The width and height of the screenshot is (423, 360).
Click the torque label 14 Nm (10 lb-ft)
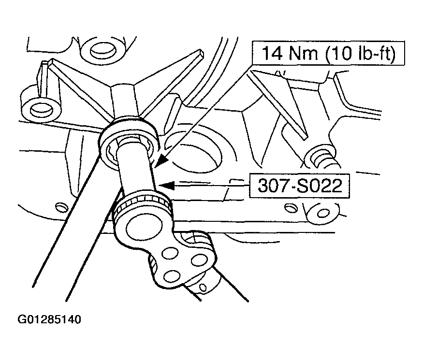pyautogui.click(x=329, y=53)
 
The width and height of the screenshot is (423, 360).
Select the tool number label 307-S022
pyautogui.click(x=300, y=186)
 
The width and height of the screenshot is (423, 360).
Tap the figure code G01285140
pyautogui.click(x=49, y=319)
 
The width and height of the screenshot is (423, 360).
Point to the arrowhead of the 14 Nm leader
pyautogui.click(x=161, y=161)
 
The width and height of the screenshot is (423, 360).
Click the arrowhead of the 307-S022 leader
pyautogui.click(x=166, y=185)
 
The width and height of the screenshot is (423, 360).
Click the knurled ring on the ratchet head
pyautogui.click(x=143, y=202)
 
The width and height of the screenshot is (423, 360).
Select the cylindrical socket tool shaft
pyautogui.click(x=137, y=167)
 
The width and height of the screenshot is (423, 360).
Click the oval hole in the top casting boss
pyautogui.click(x=103, y=51)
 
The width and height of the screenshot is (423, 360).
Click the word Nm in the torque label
pyautogui.click(x=303, y=53)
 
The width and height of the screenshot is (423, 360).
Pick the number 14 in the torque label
pyautogui.click(x=272, y=53)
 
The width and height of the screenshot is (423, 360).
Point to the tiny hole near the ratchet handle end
pyautogui.click(x=203, y=288)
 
